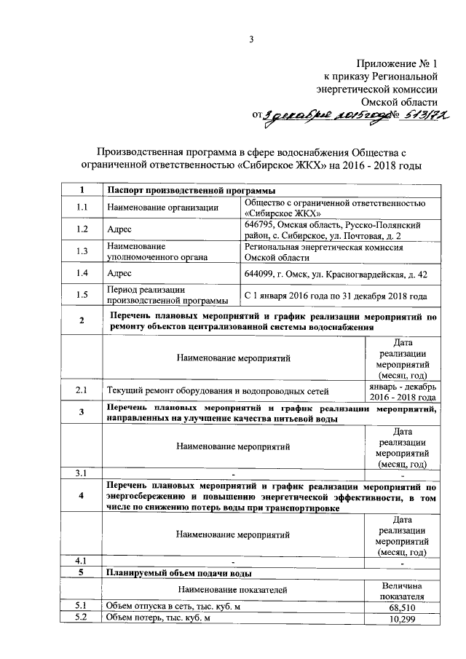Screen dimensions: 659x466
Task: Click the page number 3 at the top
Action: pyautogui.click(x=251, y=39)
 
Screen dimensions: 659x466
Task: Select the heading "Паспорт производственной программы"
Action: pyautogui.click(x=187, y=191)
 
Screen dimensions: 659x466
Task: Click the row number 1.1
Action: pyautogui.click(x=82, y=208)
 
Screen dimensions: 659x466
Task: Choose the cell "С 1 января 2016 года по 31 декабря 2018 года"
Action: pyautogui.click(x=336, y=296)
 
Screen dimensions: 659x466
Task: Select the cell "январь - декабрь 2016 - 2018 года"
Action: pyautogui.click(x=403, y=391)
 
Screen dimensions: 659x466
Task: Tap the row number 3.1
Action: pyautogui.click(x=82, y=473)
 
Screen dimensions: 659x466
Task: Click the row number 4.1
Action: pyautogui.click(x=82, y=561)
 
